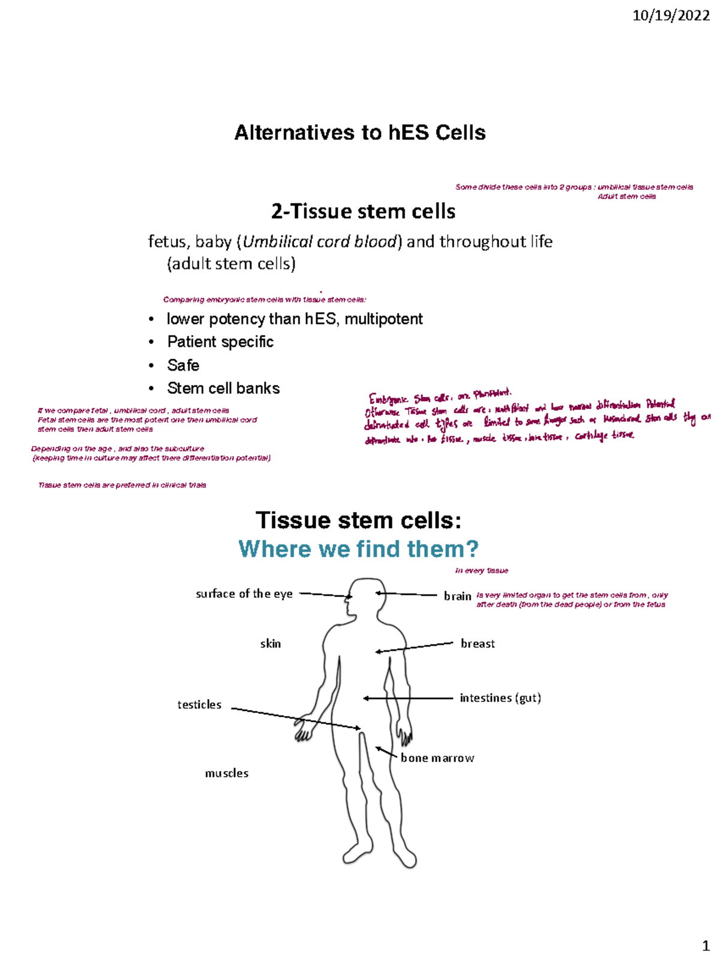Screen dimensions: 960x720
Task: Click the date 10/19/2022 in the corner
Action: point(671,16)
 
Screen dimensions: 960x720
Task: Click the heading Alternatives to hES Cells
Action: point(360,133)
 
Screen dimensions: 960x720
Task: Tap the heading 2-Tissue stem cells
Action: point(363,212)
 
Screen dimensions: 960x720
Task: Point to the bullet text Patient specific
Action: point(220,342)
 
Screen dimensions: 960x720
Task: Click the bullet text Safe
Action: point(183,365)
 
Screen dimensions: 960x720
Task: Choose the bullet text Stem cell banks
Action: point(223,389)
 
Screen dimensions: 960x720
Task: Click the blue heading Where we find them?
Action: point(358,549)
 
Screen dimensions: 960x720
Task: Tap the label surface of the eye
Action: point(244,594)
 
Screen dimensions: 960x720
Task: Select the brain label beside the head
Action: point(457,596)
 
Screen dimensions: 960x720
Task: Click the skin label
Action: point(270,643)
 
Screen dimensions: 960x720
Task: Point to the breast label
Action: point(478,643)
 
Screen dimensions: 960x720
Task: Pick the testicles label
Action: point(199,705)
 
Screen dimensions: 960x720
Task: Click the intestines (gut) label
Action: point(500,698)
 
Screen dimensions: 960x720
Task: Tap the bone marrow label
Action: point(437,758)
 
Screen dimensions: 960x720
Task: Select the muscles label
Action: point(227,773)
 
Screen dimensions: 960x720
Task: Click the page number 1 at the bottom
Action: point(706,946)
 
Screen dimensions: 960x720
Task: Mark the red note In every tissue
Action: point(481,571)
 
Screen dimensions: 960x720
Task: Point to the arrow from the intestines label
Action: point(408,698)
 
